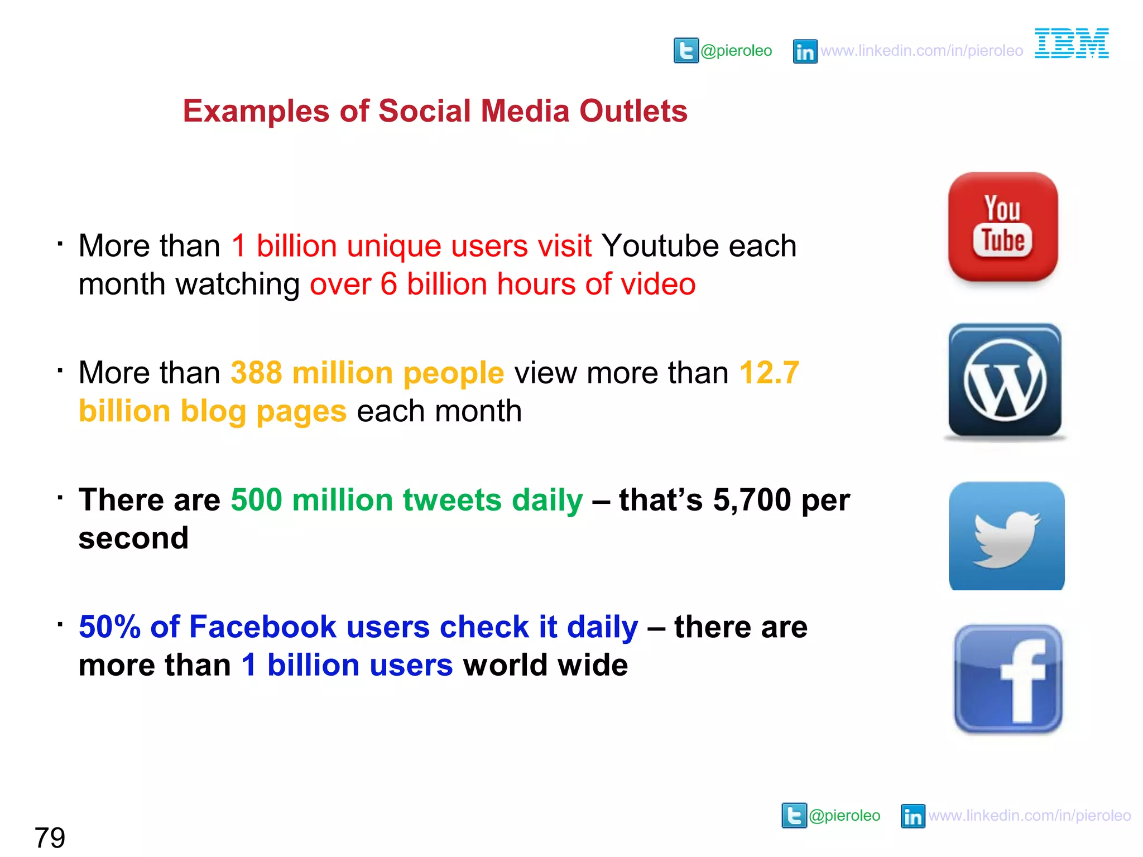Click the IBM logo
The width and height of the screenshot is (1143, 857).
(1072, 44)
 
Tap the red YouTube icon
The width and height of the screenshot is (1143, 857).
(1003, 227)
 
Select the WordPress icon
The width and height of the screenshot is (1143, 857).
(1005, 381)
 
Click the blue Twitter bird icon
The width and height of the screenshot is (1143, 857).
(1007, 536)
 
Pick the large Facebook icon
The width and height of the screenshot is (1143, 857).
(1008, 678)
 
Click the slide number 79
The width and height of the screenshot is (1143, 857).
(50, 837)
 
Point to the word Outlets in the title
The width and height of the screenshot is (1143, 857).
(633, 110)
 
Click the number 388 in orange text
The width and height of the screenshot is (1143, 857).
(256, 373)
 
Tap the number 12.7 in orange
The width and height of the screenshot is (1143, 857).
(769, 373)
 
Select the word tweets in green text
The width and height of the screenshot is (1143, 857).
(453, 499)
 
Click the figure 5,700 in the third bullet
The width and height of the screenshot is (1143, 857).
(752, 499)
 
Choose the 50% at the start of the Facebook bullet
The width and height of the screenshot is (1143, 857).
(109, 627)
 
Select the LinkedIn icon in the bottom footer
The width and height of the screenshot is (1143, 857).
(913, 816)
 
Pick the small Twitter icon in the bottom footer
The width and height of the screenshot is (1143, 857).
(794, 816)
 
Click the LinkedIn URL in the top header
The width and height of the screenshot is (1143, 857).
(921, 51)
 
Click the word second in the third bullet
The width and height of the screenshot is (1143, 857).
(133, 538)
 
